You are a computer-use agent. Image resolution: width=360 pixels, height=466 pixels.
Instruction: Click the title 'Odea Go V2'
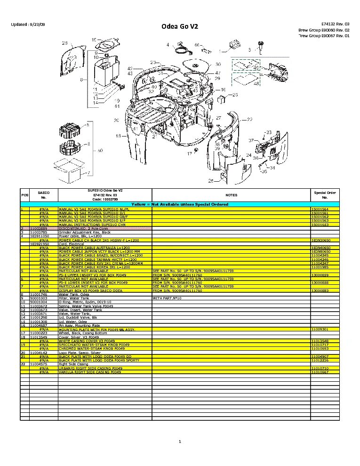tap(180, 27)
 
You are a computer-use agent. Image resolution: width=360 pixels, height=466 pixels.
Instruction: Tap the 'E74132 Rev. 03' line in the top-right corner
tap(335, 24)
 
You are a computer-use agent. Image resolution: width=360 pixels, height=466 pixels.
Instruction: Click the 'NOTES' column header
tap(231, 195)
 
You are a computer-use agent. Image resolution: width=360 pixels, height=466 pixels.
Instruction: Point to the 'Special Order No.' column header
tap(325, 195)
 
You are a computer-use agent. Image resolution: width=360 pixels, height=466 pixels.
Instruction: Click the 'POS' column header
tap(24, 195)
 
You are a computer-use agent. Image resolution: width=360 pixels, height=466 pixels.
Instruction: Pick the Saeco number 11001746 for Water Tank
tap(39, 294)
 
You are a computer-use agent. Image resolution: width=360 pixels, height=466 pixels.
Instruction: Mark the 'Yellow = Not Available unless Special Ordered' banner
tap(180, 204)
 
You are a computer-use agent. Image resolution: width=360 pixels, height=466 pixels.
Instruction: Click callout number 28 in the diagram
tap(64, 43)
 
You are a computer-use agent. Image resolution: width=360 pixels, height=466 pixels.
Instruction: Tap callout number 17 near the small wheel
tap(190, 154)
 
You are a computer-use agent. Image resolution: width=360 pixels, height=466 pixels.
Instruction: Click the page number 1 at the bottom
tap(180, 441)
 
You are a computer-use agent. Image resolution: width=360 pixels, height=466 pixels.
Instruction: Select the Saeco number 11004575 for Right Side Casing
tap(39, 364)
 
